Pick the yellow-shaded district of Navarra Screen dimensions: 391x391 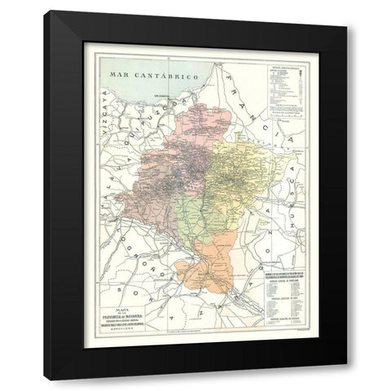tap(244, 171)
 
